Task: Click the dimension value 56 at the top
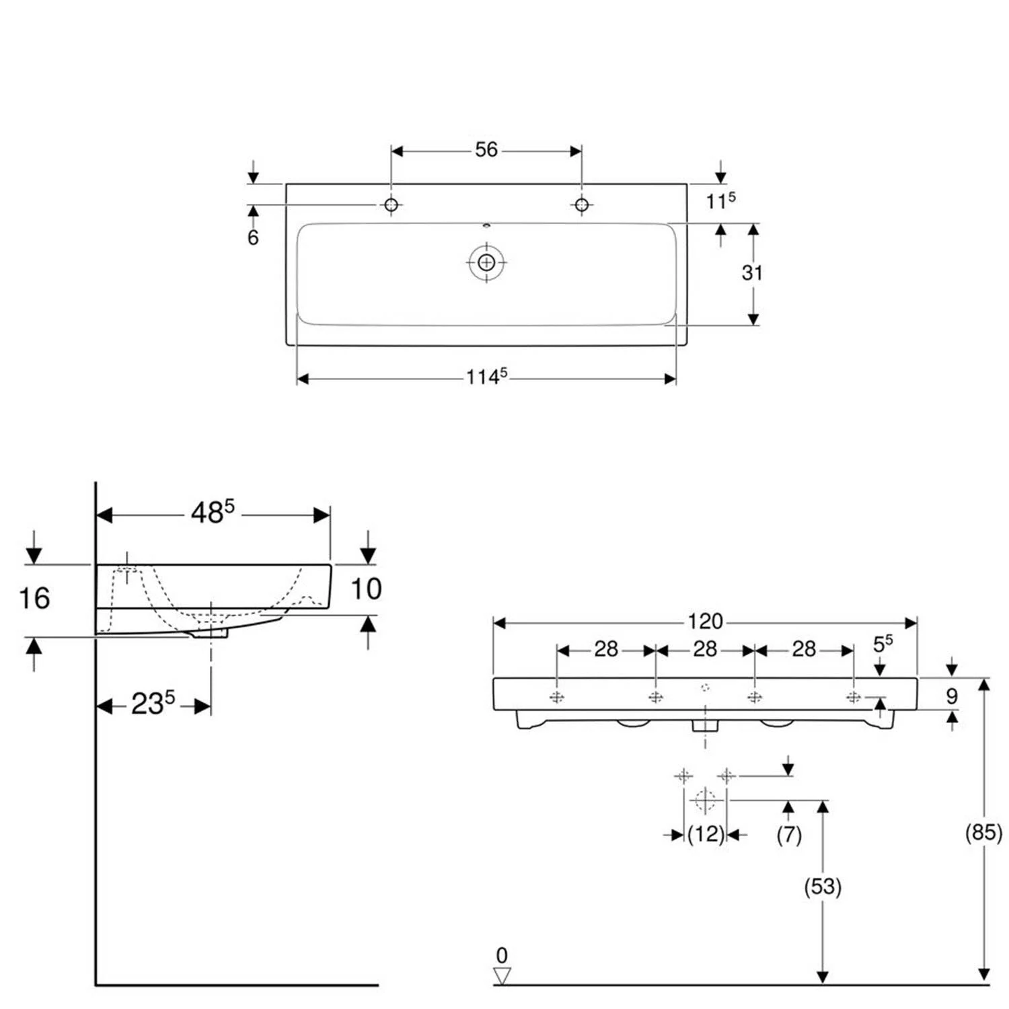tap(486, 149)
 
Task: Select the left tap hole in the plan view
tap(391, 204)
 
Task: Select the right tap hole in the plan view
tap(582, 204)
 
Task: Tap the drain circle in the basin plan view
tap(486, 262)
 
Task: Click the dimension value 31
tap(752, 272)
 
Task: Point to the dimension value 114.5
tap(486, 377)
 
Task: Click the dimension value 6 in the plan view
tap(253, 237)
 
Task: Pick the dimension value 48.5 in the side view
tap(212, 513)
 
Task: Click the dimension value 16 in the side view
tap(34, 598)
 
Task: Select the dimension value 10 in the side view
tap(367, 589)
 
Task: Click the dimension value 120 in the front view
tap(704, 621)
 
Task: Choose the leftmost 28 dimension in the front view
tap(605, 649)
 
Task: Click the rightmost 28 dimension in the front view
tap(804, 649)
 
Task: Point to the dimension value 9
tap(951, 696)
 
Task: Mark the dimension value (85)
tap(983, 832)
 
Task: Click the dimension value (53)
tap(823, 887)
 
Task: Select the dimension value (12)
tap(706, 834)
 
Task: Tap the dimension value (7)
tap(789, 835)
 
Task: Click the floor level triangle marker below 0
tap(502, 975)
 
